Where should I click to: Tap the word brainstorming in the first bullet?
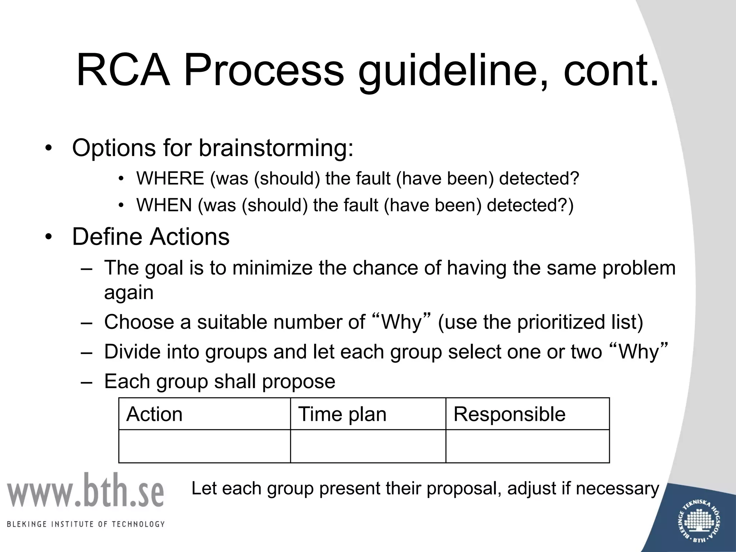coord(276,148)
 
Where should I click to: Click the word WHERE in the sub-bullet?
coord(170,178)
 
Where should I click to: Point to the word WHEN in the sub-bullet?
coord(164,205)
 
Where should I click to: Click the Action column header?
coord(155,414)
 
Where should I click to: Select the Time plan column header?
coord(342,414)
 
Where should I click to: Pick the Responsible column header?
coord(509,414)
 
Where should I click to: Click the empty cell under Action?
coord(204,446)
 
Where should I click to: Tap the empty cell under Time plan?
coord(368,446)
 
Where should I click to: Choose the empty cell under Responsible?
coord(527,446)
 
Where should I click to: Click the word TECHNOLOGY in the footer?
coord(138,524)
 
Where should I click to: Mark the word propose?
coord(298,382)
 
